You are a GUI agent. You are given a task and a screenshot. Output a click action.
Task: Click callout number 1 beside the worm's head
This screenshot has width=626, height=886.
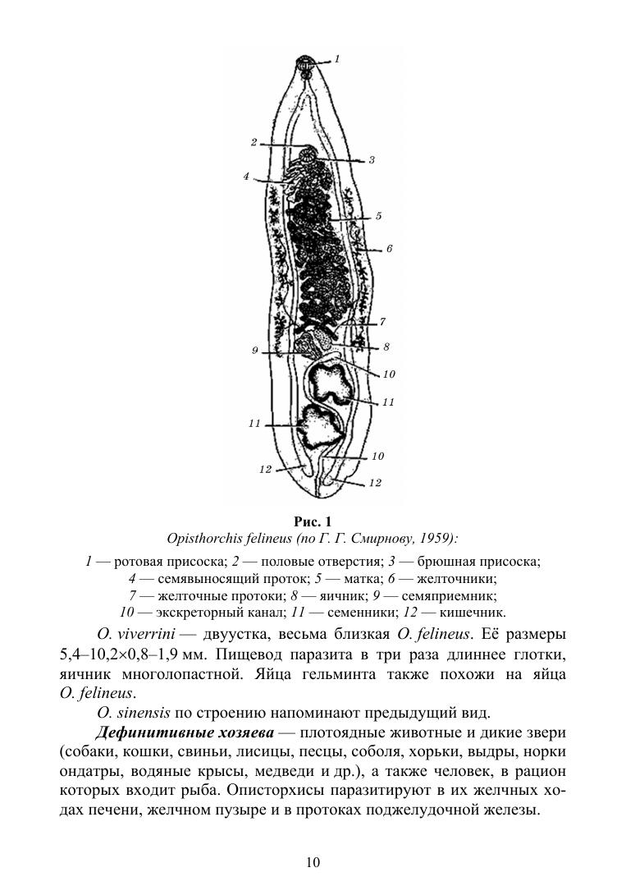tap(338, 59)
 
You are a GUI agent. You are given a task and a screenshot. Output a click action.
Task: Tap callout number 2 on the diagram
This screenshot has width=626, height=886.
tap(254, 142)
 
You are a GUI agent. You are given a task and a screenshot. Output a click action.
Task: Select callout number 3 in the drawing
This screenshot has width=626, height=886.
tap(372, 160)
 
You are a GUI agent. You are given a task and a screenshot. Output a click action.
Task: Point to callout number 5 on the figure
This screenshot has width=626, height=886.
tap(378, 216)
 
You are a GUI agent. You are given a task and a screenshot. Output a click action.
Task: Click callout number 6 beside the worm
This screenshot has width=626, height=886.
tap(390, 247)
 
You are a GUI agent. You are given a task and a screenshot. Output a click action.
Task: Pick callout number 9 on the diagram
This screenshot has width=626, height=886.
tap(255, 351)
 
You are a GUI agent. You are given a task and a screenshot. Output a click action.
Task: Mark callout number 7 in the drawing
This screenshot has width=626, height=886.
tap(382, 321)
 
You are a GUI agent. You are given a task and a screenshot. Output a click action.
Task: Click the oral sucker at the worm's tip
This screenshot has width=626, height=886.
tap(305, 63)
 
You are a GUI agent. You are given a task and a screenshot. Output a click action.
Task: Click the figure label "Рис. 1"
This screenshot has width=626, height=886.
tap(313, 521)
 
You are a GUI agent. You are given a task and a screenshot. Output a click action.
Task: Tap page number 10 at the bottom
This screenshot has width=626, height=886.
tap(313, 861)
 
